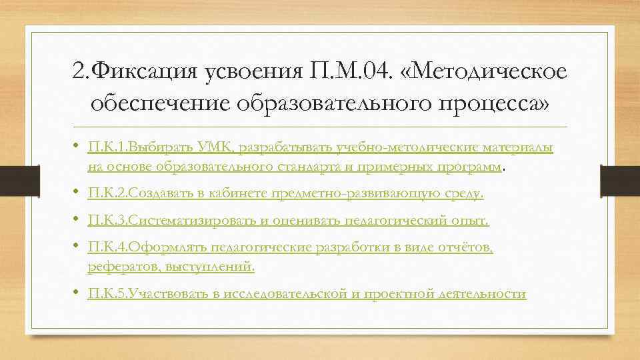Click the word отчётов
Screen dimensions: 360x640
tap(466, 247)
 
